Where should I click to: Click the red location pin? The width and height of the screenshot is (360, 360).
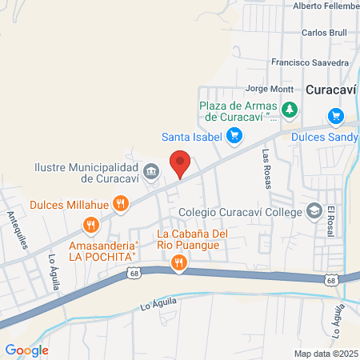pos(181,162)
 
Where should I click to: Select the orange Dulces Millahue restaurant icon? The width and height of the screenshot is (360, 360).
pos(120,203)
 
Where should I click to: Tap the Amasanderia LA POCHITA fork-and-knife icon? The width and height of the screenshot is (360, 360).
pos(93,226)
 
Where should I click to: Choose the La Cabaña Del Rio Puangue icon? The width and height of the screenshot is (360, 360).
pos(178,261)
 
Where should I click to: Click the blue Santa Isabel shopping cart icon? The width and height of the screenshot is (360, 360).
pos(234,135)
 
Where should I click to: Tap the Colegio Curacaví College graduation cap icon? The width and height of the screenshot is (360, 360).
pos(315,211)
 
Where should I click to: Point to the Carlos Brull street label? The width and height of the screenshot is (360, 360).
pos(323,34)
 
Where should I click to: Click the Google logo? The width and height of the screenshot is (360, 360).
pos(27,350)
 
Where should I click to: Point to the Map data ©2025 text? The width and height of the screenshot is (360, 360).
pos(326,353)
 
